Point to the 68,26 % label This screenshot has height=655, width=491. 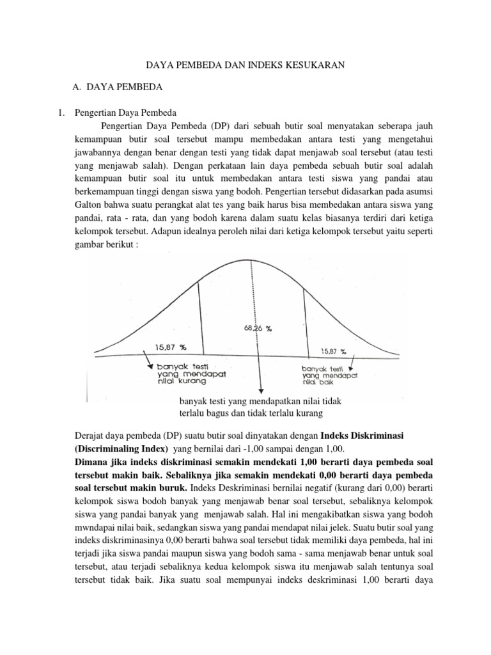pos(258,328)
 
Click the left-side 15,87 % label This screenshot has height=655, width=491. pos(170,347)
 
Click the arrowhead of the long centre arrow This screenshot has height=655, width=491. pos(260,391)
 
